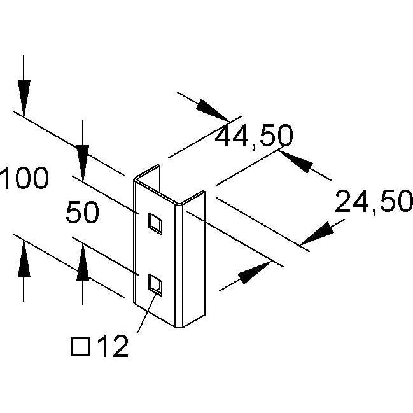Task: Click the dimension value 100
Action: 24,178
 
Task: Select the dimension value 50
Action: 83,212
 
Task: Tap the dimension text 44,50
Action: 254,136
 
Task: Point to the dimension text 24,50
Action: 374,202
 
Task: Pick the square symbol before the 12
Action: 81,347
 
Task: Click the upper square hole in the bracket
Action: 155,223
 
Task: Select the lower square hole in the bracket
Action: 155,284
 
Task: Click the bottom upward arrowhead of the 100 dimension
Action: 24,259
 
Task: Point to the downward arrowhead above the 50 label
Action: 83,163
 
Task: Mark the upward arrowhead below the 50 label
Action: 83,262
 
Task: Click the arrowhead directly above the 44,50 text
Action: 213,110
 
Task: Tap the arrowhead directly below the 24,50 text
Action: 317,234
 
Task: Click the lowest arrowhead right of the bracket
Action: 255,272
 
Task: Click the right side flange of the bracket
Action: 194,259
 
